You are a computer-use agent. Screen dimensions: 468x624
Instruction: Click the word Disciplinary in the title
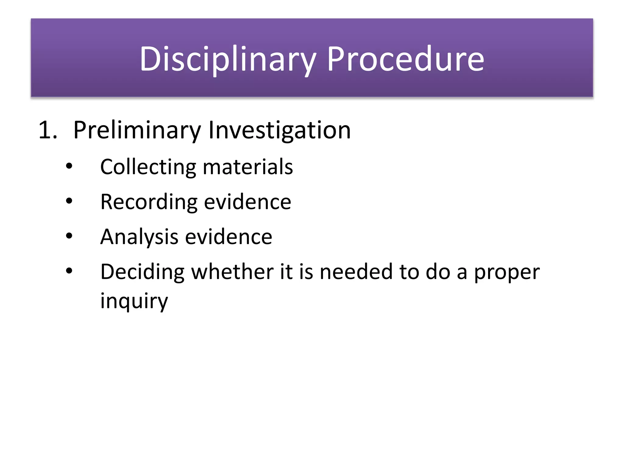pos(227,59)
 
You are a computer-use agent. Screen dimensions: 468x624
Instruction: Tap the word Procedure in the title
pos(405,59)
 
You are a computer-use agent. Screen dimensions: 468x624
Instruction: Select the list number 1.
pos(48,130)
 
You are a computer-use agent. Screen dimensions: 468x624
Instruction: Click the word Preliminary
pos(137,130)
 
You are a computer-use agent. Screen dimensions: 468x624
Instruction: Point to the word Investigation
pos(279,130)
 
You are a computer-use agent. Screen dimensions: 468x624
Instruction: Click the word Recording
pos(149,202)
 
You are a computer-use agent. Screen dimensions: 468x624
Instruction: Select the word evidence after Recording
pos(247,202)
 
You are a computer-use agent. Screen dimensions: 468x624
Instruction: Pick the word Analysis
pos(139,237)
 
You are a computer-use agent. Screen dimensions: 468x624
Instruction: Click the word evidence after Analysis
pos(229,237)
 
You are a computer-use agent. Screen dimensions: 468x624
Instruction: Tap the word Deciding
pos(142,272)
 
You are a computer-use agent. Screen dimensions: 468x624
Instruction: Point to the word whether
pos(232,272)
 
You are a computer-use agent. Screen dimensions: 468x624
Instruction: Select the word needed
pos(356,272)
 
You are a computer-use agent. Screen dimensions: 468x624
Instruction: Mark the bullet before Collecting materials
pos(69,166)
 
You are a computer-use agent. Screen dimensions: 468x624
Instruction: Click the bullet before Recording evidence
pos(69,201)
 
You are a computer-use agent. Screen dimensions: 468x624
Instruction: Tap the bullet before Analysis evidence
pos(69,236)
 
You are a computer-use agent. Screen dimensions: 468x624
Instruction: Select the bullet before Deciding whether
pos(69,271)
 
